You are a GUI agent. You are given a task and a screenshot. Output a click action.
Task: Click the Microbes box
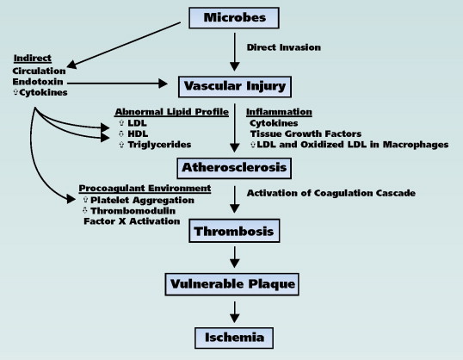pyautogui.click(x=234, y=18)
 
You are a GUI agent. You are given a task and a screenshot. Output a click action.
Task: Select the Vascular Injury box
pyautogui.click(x=235, y=87)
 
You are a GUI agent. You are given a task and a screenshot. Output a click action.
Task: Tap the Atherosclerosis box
pyautogui.click(x=234, y=168)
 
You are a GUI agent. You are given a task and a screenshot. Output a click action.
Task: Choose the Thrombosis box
pyautogui.click(x=234, y=231)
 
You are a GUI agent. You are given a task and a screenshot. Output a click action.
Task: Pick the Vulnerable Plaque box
pyautogui.click(x=232, y=284)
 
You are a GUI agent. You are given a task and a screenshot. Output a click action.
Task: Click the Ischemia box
pyautogui.click(x=234, y=338)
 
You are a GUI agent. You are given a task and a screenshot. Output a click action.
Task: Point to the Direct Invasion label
pyautogui.click(x=283, y=47)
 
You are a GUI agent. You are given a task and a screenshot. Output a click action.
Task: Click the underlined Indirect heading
pyautogui.click(x=33, y=59)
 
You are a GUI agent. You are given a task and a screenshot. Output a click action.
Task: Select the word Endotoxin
pyautogui.click(x=38, y=82)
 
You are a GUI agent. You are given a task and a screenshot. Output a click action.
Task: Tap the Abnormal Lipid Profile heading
pyautogui.click(x=171, y=112)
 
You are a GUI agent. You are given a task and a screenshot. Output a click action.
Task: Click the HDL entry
pyautogui.click(x=138, y=133)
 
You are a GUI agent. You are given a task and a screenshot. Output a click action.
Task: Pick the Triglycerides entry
pyautogui.click(x=159, y=145)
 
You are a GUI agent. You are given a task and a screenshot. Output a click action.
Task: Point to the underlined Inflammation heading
pyautogui.click(x=279, y=112)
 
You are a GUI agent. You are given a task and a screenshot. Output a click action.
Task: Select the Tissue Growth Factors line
pyautogui.click(x=306, y=133)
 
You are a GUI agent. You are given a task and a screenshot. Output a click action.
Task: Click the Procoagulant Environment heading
pyautogui.click(x=145, y=189)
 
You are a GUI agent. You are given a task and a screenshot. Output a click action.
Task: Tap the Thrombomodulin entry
pyautogui.click(x=133, y=211)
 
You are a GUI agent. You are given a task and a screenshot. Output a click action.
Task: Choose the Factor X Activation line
pyautogui.click(x=132, y=221)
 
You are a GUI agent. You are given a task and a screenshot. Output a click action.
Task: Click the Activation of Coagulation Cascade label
pyautogui.click(x=331, y=193)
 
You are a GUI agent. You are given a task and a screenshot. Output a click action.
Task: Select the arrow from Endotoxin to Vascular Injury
pyautogui.click(x=117, y=84)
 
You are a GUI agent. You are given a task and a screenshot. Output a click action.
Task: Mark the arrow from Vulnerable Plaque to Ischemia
pyautogui.click(x=234, y=312)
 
